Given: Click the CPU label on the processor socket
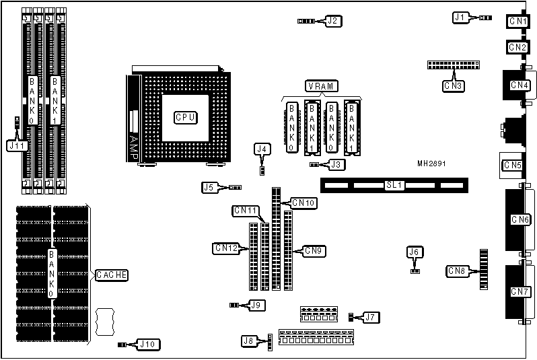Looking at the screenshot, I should click(x=185, y=117).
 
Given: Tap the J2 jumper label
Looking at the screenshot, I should click(x=333, y=20).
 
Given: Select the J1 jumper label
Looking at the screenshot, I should click(x=460, y=17).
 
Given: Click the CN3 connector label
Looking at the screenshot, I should click(x=453, y=85).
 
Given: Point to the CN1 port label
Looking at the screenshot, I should click(x=517, y=22).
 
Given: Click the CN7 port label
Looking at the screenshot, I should click(x=520, y=291).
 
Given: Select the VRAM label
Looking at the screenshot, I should click(x=322, y=85).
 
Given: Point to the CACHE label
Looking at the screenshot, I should click(x=112, y=275).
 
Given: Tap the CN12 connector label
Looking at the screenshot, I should click(x=225, y=248).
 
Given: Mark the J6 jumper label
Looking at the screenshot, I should click(x=415, y=252).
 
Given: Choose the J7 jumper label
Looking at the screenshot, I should click(x=371, y=316).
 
